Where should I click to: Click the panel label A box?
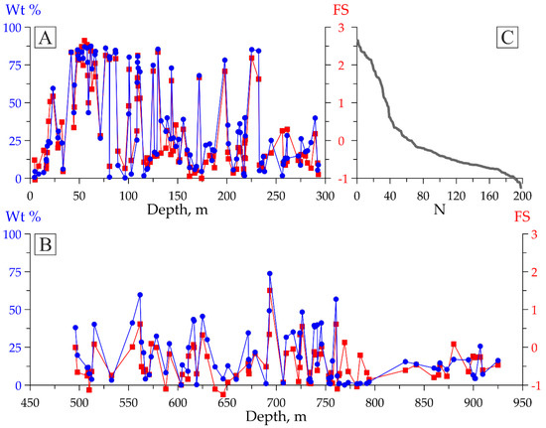click(45, 39)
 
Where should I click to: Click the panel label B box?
click(45, 246)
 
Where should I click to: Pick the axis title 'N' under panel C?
click(440, 210)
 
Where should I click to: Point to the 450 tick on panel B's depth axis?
click(31, 401)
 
